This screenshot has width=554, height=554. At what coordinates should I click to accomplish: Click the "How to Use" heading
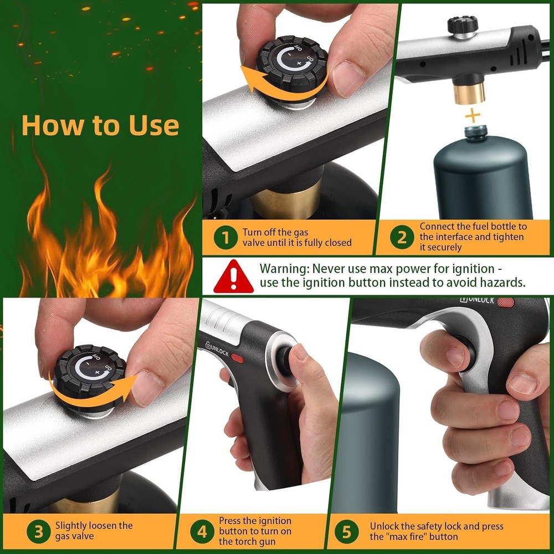pos(100,125)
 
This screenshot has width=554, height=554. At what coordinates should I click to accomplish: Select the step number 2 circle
pos(402,237)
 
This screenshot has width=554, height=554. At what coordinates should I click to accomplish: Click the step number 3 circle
pos(38,532)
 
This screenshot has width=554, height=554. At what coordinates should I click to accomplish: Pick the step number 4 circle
pos(202,532)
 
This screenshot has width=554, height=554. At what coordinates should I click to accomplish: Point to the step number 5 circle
pos(347,532)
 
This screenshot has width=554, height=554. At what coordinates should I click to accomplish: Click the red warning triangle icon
pos(233,276)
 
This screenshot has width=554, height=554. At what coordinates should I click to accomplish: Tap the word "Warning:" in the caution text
pos(284,269)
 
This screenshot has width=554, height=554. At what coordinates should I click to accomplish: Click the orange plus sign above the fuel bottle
pos(471,116)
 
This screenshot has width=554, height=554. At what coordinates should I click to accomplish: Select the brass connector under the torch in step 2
pos(469,92)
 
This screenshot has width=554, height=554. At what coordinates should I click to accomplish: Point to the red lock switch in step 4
pos(237,358)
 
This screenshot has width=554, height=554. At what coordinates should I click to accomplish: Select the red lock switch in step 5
pos(505,302)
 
